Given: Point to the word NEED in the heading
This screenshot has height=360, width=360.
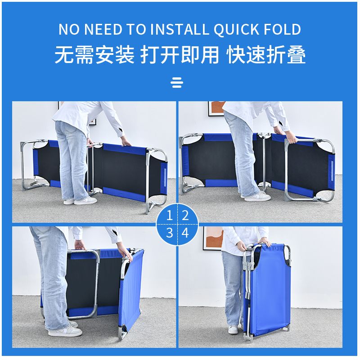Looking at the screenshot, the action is [103, 29].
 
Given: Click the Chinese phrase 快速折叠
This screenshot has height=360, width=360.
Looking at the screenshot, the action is [266, 54].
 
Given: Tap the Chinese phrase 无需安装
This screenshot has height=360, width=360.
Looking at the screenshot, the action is [94, 54].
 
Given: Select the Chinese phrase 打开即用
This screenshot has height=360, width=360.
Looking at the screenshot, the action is [180, 54].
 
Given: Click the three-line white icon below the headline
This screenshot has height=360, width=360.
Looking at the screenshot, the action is [177, 83].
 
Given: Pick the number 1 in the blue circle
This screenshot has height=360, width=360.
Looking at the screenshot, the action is [170, 216].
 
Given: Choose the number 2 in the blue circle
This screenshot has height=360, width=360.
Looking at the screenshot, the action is [185, 216].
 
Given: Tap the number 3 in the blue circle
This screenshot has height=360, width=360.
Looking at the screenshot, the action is [170, 233].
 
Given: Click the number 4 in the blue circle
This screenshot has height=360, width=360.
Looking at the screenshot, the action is [185, 233].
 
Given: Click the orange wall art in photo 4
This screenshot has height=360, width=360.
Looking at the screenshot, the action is [213, 238].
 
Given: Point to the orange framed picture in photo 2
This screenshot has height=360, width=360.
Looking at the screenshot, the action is [216, 108].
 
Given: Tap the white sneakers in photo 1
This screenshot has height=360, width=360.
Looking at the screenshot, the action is [81, 201].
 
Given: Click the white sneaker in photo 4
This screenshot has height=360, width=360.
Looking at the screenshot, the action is [233, 330].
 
